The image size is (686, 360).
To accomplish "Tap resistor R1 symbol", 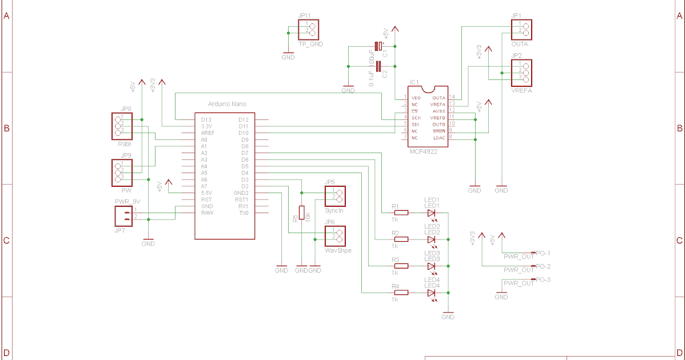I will (x=402, y=213).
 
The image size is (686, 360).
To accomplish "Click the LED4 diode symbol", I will (x=432, y=293).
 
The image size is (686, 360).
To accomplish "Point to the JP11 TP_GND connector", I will (x=308, y=29).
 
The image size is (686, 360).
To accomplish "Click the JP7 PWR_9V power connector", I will (x=124, y=215).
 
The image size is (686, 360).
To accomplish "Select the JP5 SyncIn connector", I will (x=335, y=196).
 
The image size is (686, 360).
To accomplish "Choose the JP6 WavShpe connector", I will (x=335, y=236).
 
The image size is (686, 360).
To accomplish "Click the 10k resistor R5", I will (x=302, y=213).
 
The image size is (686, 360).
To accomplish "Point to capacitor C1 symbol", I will (x=377, y=46).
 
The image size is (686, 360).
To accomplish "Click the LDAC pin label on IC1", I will (x=438, y=138).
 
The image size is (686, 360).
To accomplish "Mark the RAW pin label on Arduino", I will (x=207, y=213).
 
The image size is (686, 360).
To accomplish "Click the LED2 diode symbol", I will (x=432, y=239).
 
